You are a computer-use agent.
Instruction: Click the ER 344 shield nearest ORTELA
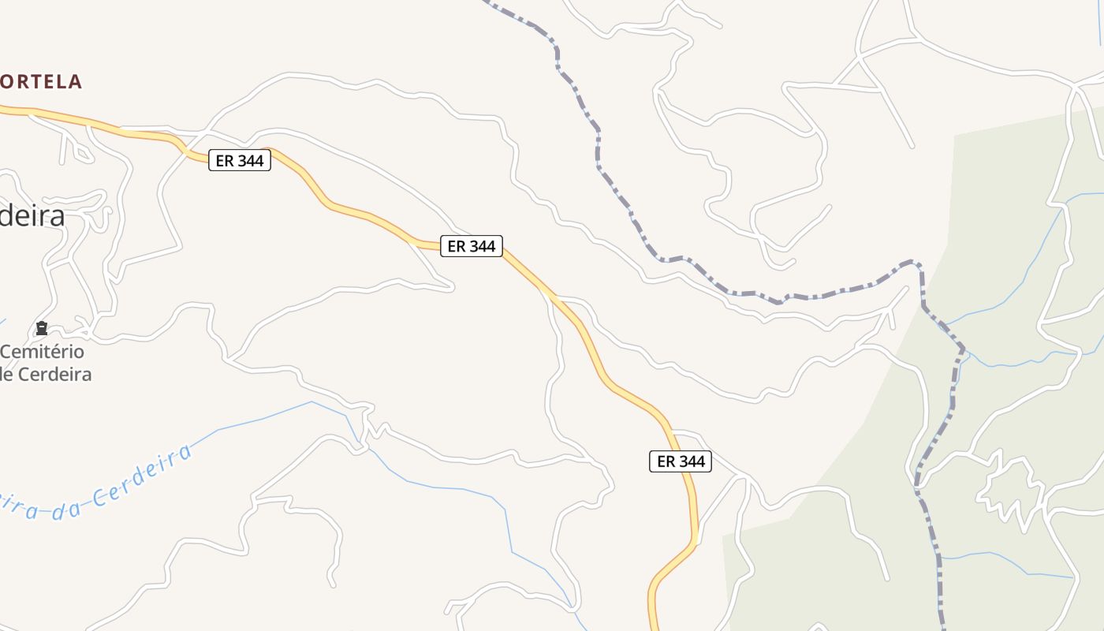pos(240,160)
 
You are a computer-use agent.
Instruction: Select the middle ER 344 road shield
pos(472,246)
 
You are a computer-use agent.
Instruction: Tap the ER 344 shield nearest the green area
pos(681,461)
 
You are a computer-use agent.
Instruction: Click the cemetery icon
pos(42,328)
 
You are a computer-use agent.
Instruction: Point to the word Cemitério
pos(43,352)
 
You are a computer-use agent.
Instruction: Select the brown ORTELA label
pos(41,81)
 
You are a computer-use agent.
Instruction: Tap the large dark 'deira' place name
pos(32,215)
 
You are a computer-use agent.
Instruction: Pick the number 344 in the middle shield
pos(483,246)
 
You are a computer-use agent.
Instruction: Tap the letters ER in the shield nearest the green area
pos(666,461)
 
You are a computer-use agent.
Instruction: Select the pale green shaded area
pos(1009,237)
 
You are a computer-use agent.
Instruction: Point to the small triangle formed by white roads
pos(858,75)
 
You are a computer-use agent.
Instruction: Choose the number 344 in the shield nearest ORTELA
pos(252,160)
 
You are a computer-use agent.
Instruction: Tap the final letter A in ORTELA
pos(75,81)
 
